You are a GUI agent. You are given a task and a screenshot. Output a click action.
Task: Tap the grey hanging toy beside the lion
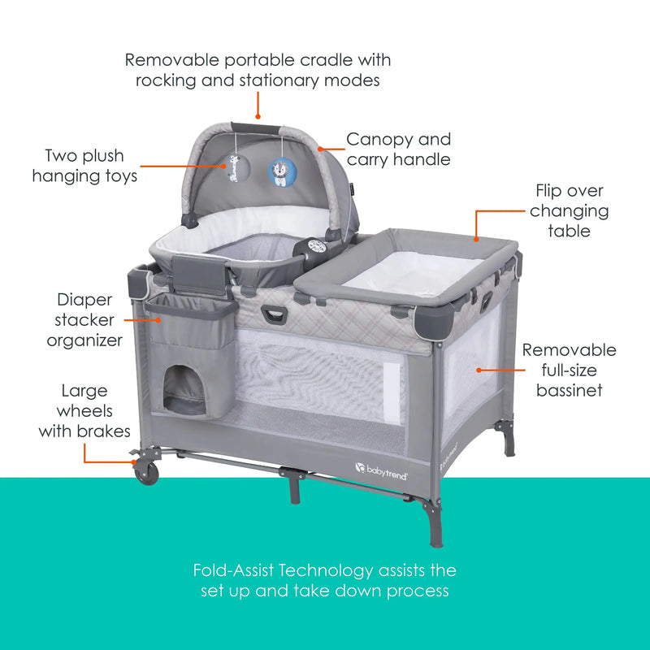coord(234,173)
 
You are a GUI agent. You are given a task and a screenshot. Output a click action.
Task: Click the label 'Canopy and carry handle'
coord(398,149)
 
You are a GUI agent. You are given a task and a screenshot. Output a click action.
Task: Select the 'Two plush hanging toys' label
coord(84,165)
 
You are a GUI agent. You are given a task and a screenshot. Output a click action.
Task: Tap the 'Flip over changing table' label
coord(571,210)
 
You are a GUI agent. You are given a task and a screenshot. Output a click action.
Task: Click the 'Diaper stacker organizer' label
coord(85,320)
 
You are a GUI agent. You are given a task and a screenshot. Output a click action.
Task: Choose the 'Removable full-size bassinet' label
coord(569,370)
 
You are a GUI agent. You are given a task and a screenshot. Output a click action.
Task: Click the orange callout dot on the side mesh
coord(479,370)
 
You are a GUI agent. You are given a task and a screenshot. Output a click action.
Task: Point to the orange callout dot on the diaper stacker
coord(159,319)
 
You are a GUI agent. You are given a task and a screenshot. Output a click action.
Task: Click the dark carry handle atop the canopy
coord(256,128)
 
